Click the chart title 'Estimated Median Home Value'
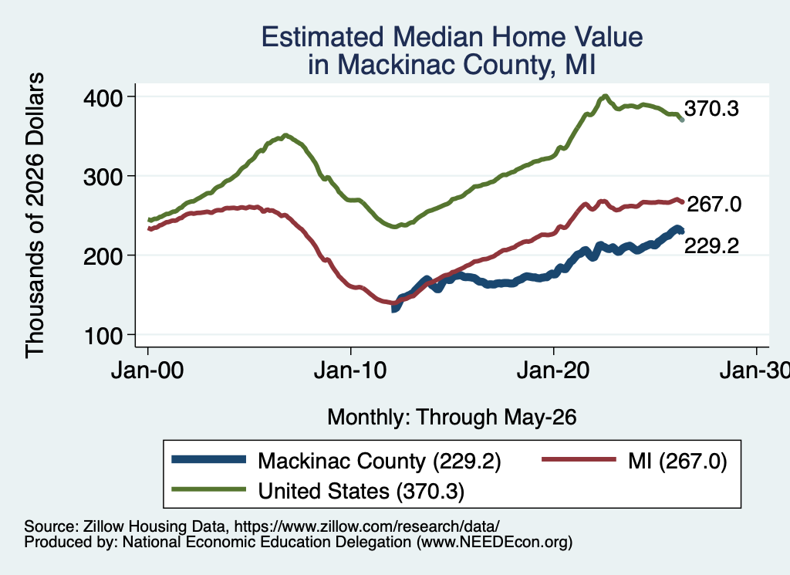(452, 37)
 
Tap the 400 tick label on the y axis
(103, 98)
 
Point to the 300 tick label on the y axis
(103, 177)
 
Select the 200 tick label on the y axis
(103, 256)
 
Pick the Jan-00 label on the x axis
(147, 370)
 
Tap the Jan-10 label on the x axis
(350, 370)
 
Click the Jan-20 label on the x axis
(553, 370)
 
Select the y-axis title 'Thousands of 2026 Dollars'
(35, 215)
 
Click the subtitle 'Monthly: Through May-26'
(452, 418)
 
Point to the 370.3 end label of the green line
(711, 108)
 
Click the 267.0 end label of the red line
(714, 204)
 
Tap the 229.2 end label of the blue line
(711, 245)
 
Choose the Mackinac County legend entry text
(380, 461)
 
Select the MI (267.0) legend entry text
(677, 461)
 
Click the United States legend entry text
(361, 491)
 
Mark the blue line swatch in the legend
(208, 459)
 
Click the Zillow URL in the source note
(366, 526)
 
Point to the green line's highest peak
(605, 96)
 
